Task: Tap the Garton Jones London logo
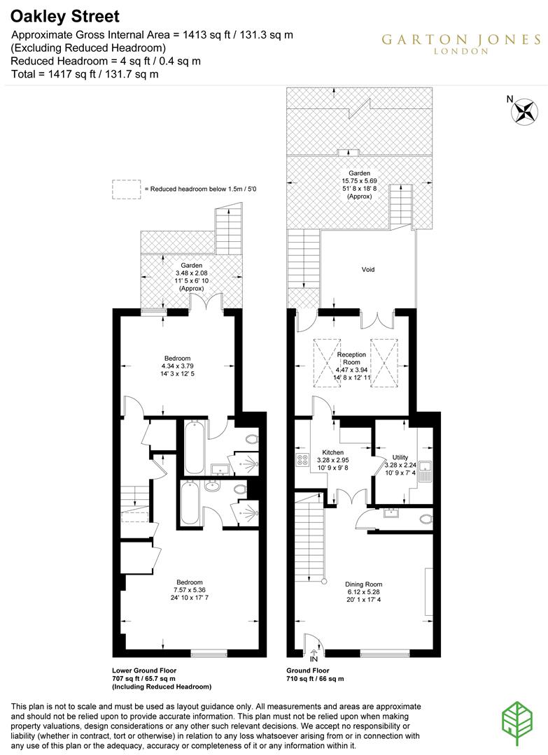[460, 43]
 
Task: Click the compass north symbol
[524, 110]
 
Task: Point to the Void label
[368, 269]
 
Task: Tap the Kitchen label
[332, 452]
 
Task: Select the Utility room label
[400, 457]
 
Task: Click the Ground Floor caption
[307, 670]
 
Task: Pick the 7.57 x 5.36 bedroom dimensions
[189, 591]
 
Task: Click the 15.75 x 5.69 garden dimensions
[360, 181]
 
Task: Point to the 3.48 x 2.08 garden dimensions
[192, 273]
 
